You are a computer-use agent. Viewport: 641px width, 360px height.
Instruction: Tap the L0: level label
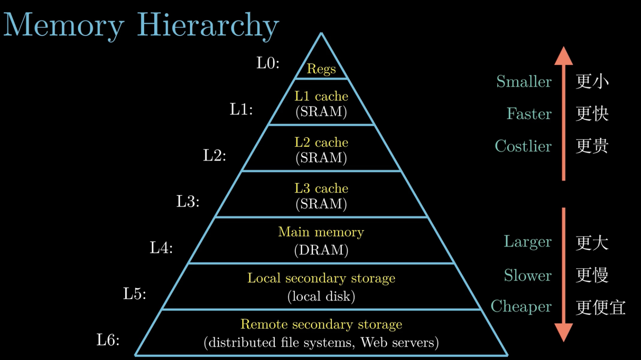[x=268, y=63]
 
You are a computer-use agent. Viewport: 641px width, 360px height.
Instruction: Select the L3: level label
[x=188, y=202]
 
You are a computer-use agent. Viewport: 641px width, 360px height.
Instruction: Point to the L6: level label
[x=108, y=340]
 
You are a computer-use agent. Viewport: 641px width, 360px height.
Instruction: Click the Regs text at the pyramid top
[x=321, y=69]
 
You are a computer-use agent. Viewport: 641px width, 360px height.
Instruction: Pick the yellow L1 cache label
[x=321, y=96]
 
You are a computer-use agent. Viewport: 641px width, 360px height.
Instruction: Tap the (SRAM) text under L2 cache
[x=321, y=158]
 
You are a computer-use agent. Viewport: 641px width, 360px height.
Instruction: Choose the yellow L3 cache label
[x=321, y=188]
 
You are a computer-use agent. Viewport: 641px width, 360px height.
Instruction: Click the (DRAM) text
[x=321, y=250]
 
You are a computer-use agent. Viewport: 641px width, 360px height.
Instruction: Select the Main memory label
[x=321, y=232]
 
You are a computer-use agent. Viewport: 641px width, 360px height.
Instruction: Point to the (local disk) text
[x=321, y=296]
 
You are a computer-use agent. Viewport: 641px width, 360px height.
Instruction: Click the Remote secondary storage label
[x=321, y=324]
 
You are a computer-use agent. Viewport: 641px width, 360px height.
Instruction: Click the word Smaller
[x=524, y=82]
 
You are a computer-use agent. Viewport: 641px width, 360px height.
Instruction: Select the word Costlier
[x=523, y=146]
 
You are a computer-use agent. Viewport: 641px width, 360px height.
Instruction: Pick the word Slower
[x=528, y=275]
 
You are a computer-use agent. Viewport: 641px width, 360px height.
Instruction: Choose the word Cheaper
[x=521, y=307]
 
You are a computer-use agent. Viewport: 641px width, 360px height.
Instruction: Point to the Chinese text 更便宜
[x=601, y=307]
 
